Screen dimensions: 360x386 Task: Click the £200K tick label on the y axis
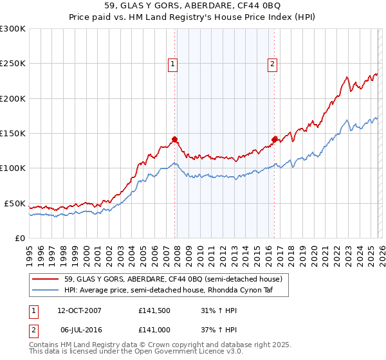13,99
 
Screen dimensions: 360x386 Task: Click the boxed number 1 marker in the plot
173,64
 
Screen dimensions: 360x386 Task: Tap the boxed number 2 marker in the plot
273,64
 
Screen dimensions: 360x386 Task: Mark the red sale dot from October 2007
174,139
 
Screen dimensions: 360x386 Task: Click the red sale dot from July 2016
274,139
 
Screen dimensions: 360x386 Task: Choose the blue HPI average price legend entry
176,291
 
